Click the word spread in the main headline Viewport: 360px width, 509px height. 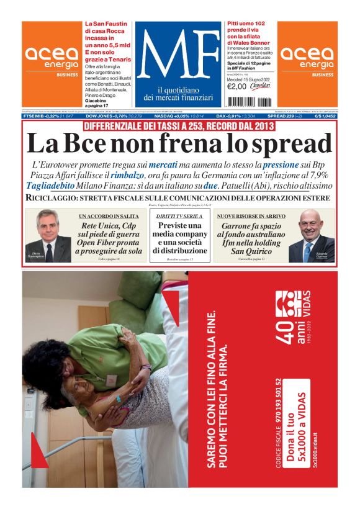click(x=285, y=144)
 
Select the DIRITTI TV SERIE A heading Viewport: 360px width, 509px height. click(x=179, y=216)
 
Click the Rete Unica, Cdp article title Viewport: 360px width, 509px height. click(x=109, y=238)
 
